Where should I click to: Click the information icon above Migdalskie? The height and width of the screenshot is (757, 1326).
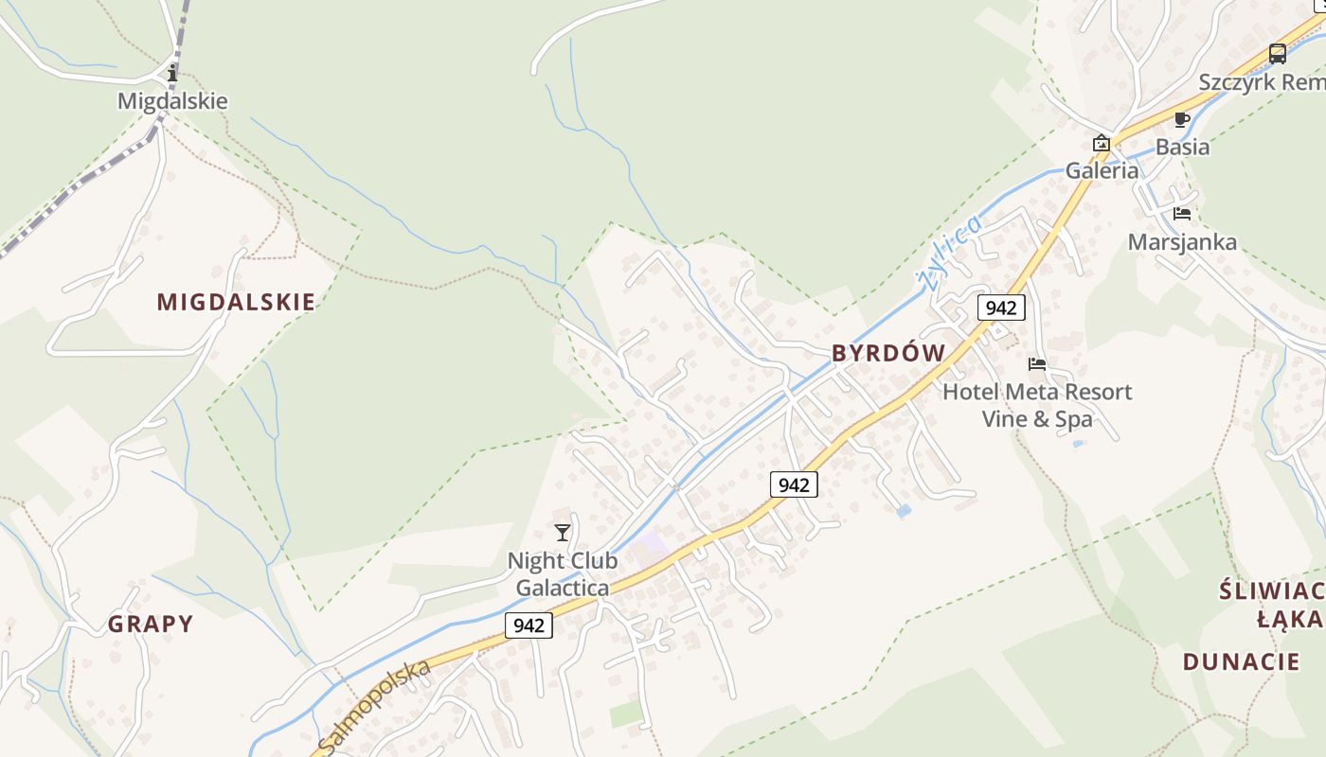coord(172,73)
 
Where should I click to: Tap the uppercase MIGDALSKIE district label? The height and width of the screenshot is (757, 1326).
coord(236,302)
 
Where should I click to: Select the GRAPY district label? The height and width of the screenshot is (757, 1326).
coord(151,624)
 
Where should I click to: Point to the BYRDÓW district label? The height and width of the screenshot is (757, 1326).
coord(888,353)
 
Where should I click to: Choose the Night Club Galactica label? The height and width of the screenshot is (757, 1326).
coord(563,573)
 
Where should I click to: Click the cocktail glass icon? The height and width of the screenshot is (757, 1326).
coord(563,533)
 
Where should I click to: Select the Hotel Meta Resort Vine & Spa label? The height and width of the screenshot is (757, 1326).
coord(1037,405)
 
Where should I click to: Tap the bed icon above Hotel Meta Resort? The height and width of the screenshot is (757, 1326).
coord(1037,363)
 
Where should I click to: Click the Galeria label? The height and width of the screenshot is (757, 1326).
coord(1102,171)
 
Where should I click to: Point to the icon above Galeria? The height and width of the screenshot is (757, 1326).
coord(1102,144)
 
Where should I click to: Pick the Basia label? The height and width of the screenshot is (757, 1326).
coord(1182,147)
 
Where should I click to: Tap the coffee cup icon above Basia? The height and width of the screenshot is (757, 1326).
coord(1181,119)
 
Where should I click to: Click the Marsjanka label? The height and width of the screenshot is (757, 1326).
coord(1182,241)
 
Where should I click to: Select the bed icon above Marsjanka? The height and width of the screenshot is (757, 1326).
coord(1181,213)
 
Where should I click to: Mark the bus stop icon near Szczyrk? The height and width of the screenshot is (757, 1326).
coord(1278,54)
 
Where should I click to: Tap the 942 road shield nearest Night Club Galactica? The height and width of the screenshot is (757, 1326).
coord(529,625)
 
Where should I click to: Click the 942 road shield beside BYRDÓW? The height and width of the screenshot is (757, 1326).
coord(1001,307)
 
